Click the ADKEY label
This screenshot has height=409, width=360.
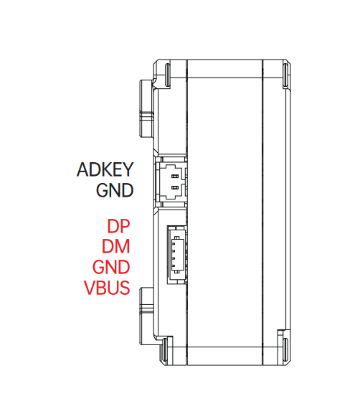(105, 169)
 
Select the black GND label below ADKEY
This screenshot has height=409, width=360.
(115, 190)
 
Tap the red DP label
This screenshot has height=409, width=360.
(118, 226)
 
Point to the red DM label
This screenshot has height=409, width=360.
(115, 247)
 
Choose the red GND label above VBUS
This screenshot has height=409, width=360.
(111, 267)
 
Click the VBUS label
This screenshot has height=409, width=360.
(107, 288)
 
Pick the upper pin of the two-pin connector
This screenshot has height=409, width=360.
(175, 177)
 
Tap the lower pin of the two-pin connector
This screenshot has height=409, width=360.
(175, 187)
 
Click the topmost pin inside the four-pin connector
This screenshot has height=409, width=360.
(173, 244)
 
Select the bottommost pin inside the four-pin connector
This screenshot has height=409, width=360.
(173, 265)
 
